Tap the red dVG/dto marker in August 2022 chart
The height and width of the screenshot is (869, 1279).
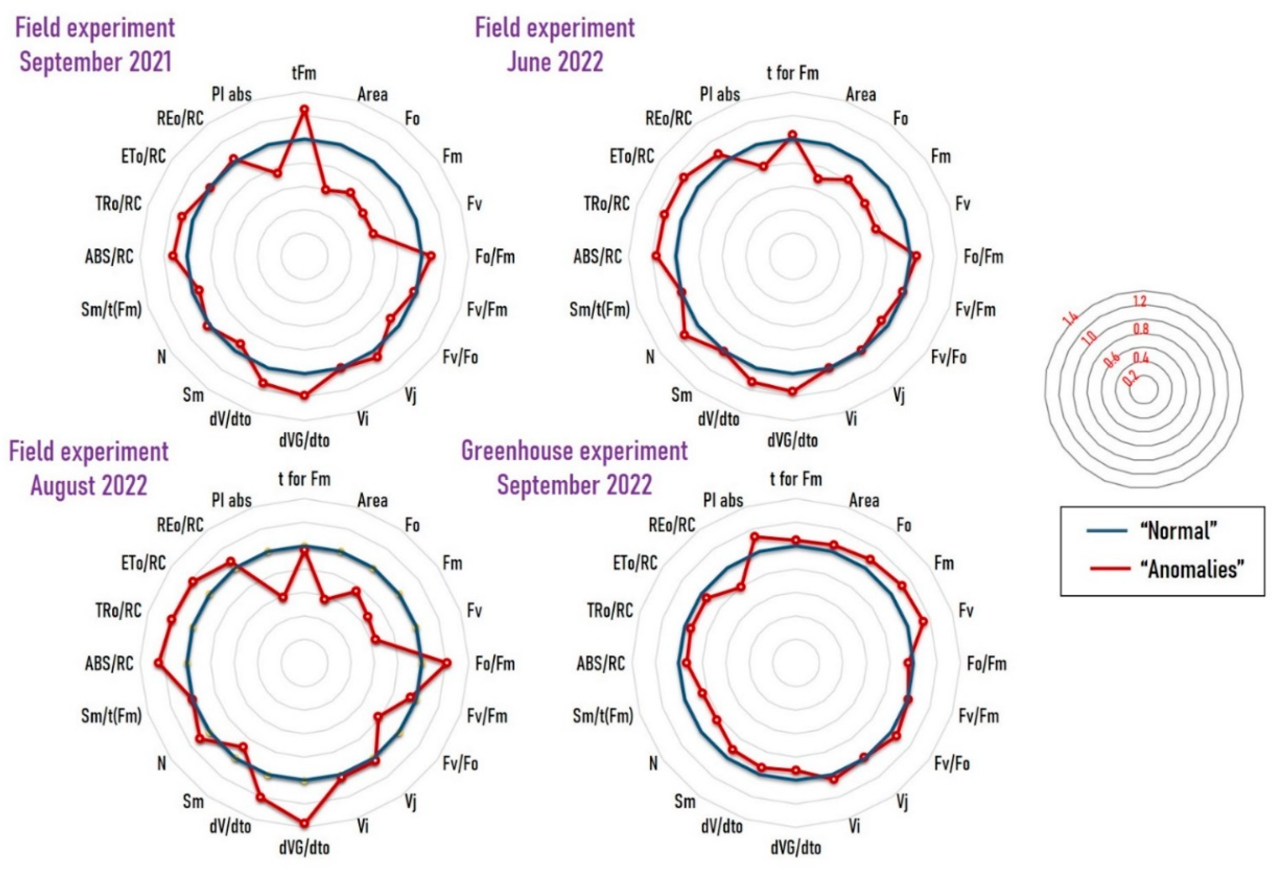[304, 823]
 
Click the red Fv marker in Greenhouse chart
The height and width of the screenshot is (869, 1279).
[923, 621]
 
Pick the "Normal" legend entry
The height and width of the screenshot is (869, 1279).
[1178, 531]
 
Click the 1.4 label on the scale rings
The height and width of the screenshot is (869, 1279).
[1070, 319]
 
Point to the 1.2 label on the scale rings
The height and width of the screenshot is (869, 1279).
[1140, 301]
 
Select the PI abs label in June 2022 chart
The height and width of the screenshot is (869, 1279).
[720, 95]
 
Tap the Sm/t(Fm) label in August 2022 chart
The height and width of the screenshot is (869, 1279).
[111, 716]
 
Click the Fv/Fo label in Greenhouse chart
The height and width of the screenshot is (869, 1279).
[951, 764]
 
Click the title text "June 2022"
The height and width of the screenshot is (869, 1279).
[555, 62]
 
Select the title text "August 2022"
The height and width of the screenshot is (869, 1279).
[89, 486]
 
